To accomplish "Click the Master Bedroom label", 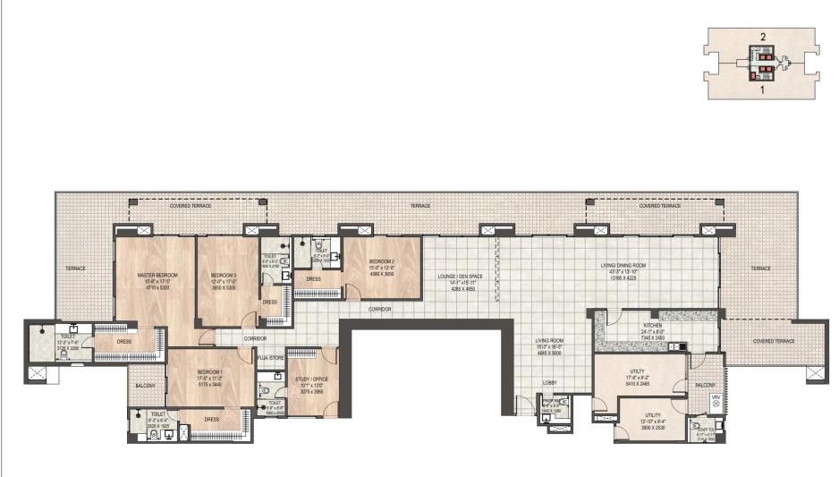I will [157, 275].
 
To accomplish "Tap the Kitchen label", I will [653, 326].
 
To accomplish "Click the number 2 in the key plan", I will [763, 37].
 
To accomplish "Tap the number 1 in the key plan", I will [763, 90].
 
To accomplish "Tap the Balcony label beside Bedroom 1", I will [145, 386].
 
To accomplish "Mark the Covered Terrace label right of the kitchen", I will [773, 341].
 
